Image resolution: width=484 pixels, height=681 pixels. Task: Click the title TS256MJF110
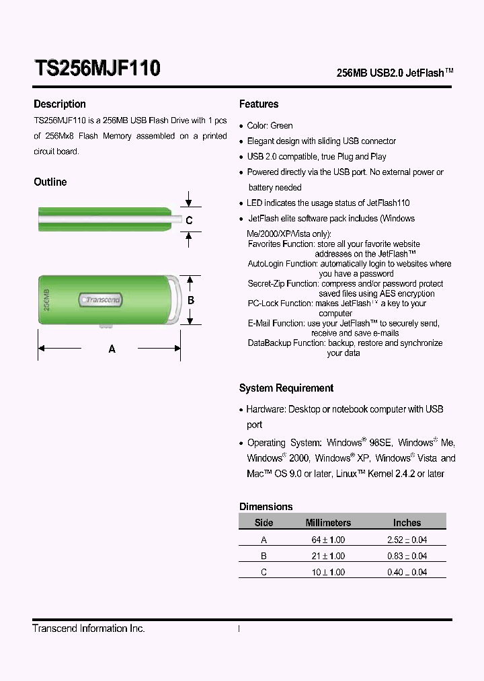click(x=97, y=69)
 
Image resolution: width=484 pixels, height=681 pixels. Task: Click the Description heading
click(x=60, y=104)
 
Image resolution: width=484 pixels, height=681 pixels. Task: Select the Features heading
click(x=259, y=104)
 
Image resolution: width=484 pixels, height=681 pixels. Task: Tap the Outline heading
click(x=50, y=182)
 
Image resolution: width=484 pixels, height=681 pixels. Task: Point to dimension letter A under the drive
click(x=112, y=349)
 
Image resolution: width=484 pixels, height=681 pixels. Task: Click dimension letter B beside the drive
click(x=191, y=300)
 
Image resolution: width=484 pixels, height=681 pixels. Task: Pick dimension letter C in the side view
click(x=190, y=220)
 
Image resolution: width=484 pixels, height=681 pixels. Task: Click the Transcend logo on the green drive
click(x=100, y=299)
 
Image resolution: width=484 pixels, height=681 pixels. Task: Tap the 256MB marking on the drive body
click(x=46, y=299)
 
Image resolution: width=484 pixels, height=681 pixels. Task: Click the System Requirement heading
click(x=286, y=388)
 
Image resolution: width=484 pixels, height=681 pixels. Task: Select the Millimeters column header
click(x=328, y=523)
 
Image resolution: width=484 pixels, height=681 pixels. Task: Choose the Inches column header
click(x=407, y=523)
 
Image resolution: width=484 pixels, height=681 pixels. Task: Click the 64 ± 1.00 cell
click(x=328, y=540)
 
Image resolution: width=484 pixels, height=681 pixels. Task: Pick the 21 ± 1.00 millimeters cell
click(x=328, y=556)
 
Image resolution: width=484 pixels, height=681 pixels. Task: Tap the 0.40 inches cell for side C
click(x=407, y=572)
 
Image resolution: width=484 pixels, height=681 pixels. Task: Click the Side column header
click(x=264, y=523)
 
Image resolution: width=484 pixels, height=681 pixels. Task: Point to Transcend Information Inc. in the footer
click(x=89, y=629)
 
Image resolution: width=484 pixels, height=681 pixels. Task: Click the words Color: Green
click(x=270, y=126)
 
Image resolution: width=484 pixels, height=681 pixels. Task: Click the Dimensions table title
click(x=266, y=507)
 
